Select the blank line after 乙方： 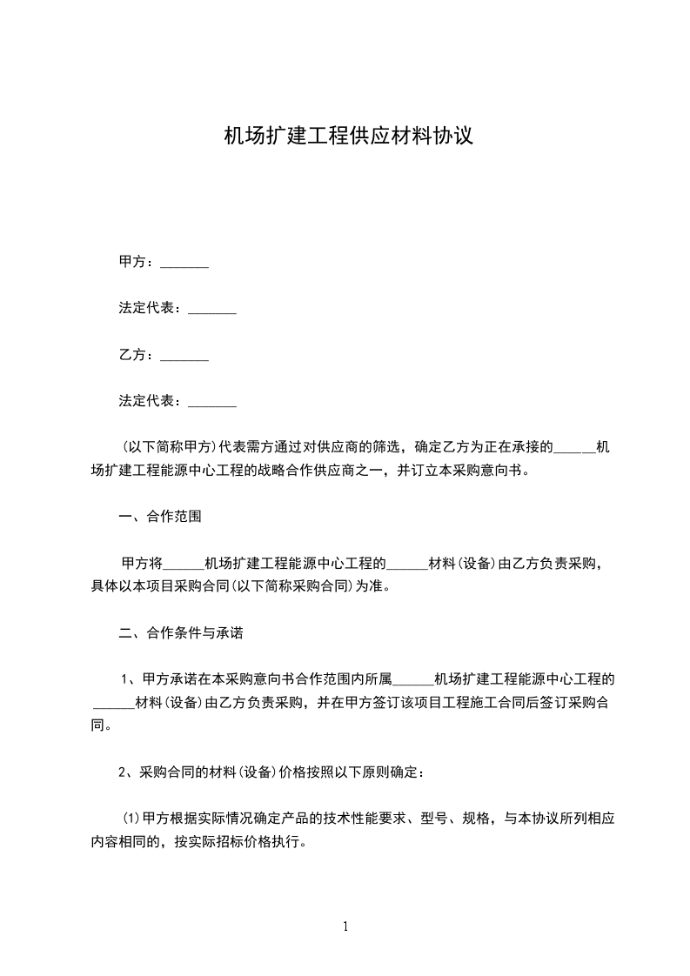tap(184, 355)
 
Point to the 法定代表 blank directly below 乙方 tap(212, 402)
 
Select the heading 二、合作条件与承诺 tap(180, 633)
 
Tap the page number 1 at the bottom tap(345, 926)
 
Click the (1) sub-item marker tap(131, 819)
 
